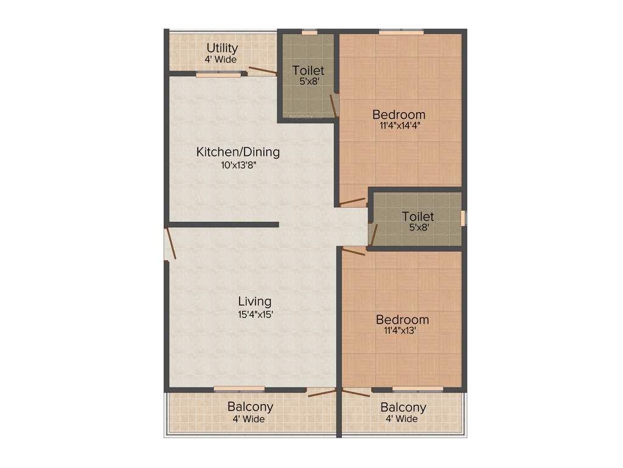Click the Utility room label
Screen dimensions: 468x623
pyautogui.click(x=222, y=48)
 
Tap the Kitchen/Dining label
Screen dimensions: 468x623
pyautogui.click(x=238, y=152)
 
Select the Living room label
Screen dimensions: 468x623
pyautogui.click(x=254, y=301)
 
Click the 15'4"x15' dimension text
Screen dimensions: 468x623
pyautogui.click(x=254, y=315)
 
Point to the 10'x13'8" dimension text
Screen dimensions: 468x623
pyautogui.click(x=238, y=165)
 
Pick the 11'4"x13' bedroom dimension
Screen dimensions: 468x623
pyautogui.click(x=402, y=331)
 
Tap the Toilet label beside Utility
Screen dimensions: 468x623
pyautogui.click(x=308, y=71)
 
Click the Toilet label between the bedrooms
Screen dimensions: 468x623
pyautogui.click(x=418, y=216)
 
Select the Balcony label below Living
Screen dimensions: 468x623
pyautogui.click(x=250, y=406)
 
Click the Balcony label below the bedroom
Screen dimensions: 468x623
pyautogui.click(x=403, y=407)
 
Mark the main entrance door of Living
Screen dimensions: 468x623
pyautogui.click(x=170, y=243)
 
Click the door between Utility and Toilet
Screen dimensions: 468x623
pyautogui.click(x=262, y=70)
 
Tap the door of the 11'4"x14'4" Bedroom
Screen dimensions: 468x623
pyautogui.click(x=352, y=202)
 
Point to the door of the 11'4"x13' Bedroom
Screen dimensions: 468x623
pyautogui.click(x=353, y=250)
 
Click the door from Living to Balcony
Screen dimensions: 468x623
pyautogui.click(x=321, y=392)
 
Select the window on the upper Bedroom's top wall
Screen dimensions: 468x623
pyautogui.click(x=401, y=32)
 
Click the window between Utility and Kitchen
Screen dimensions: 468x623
pyautogui.click(x=218, y=74)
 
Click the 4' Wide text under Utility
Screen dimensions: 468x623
pyautogui.click(x=220, y=60)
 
